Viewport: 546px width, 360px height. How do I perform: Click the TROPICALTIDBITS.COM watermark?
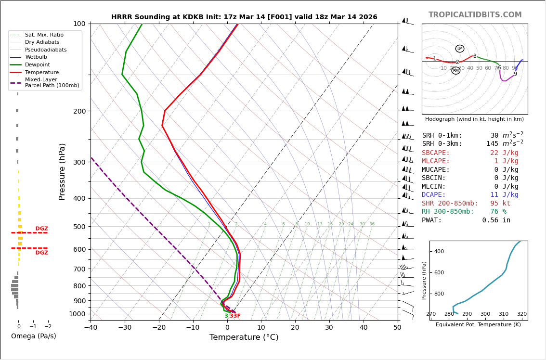coord(475,15)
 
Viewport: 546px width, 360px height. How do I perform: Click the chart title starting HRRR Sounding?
coord(244,17)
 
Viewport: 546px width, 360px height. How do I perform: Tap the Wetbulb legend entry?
coord(36,57)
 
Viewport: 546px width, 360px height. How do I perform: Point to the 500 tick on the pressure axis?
coord(79,227)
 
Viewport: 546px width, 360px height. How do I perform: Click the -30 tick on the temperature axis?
coord(125,328)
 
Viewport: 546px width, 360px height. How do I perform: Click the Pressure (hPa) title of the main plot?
coord(62,171)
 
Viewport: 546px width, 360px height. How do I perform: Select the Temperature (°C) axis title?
coord(244,337)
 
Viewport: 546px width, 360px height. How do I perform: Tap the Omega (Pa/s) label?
coord(33,336)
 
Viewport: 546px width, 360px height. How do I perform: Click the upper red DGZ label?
coord(41,229)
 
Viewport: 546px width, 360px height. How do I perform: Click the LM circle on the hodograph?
coord(460,49)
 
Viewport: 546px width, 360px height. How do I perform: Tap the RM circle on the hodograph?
coord(456,71)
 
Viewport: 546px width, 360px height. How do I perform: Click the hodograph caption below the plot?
coord(474,119)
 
